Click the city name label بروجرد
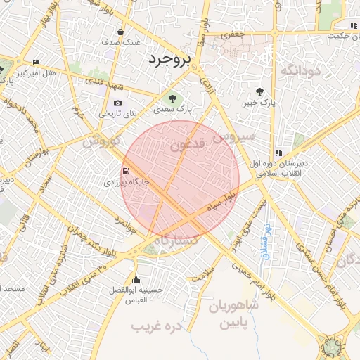click(x=169, y=61)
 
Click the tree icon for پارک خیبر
click(x=259, y=91)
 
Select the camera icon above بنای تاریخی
click(x=117, y=103)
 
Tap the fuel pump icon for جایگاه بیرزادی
click(x=126, y=171)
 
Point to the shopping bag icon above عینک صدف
click(x=121, y=32)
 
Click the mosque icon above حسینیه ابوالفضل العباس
click(x=136, y=280)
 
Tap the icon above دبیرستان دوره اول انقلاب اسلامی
click(x=278, y=152)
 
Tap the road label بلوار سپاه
click(x=224, y=200)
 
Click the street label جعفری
click(x=231, y=34)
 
